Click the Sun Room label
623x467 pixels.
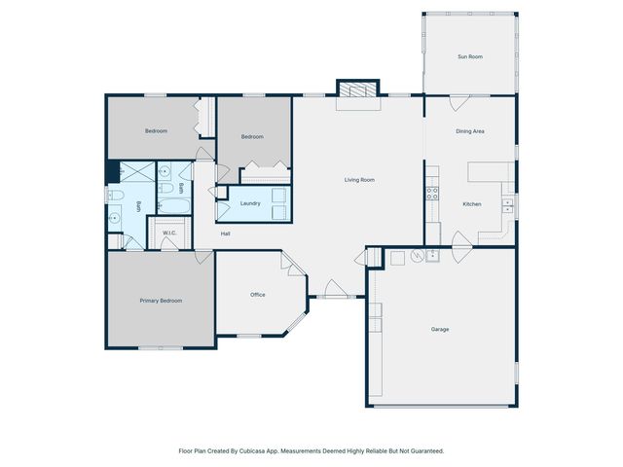[470, 57]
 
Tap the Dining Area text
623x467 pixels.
[470, 131]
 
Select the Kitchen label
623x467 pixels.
[471, 204]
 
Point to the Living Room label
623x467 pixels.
[359, 180]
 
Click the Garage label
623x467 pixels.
[440, 329]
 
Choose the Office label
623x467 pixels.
[258, 295]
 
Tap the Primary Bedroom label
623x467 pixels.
[161, 301]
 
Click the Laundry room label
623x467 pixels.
[249, 203]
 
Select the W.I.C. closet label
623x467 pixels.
[168, 233]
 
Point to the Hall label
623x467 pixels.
[225, 233]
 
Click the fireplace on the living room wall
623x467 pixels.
[355, 90]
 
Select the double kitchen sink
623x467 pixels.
[507, 205]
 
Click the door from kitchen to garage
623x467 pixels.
[460, 242]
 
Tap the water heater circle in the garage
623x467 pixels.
[417, 257]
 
